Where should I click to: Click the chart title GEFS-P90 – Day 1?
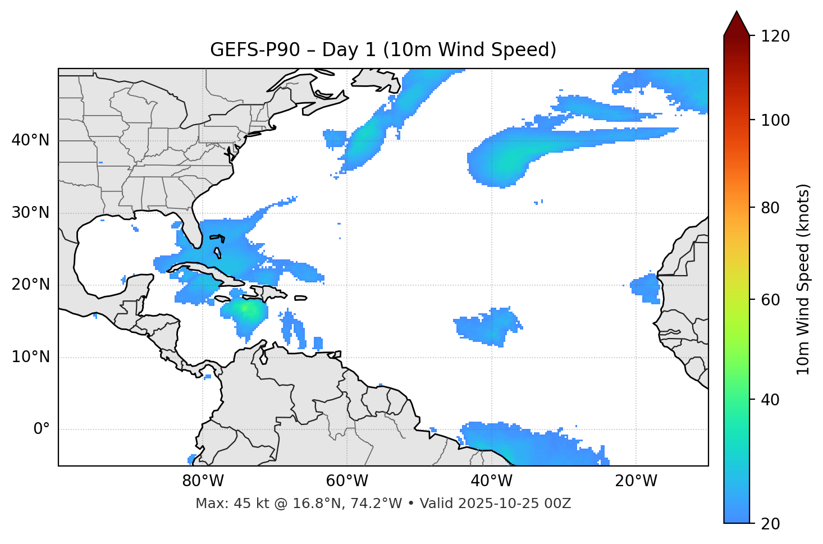click(383, 50)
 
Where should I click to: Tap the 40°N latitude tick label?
click(30, 140)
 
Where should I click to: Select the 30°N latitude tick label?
click(30, 213)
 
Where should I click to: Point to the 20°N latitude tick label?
click(30, 285)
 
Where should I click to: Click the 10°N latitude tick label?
click(30, 357)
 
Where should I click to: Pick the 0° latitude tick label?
click(41, 429)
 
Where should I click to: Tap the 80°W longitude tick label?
click(203, 481)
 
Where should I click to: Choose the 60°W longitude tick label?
click(347, 481)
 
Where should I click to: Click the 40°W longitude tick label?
click(491, 481)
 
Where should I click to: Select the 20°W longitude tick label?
click(635, 481)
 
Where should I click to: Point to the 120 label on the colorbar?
click(775, 36)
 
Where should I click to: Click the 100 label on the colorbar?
click(775, 120)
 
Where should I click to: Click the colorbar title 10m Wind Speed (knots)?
click(803, 280)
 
